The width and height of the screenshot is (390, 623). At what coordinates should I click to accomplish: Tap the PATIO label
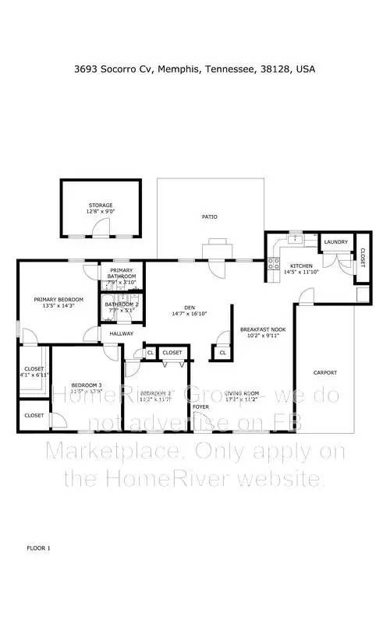pyautogui.click(x=209, y=217)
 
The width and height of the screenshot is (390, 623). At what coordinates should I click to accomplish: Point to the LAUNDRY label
pyautogui.click(x=335, y=242)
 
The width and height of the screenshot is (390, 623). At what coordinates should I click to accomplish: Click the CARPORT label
pyautogui.click(x=325, y=372)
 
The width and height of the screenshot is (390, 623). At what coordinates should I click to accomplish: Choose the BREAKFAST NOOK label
pyautogui.click(x=263, y=329)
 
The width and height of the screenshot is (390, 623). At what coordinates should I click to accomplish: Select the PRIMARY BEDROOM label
pyautogui.click(x=58, y=299)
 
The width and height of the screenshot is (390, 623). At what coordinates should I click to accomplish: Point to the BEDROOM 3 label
pyautogui.click(x=87, y=385)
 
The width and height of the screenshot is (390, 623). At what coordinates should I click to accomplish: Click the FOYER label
pyautogui.click(x=200, y=407)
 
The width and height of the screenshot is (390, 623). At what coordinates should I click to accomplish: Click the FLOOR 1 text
pyautogui.click(x=38, y=548)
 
